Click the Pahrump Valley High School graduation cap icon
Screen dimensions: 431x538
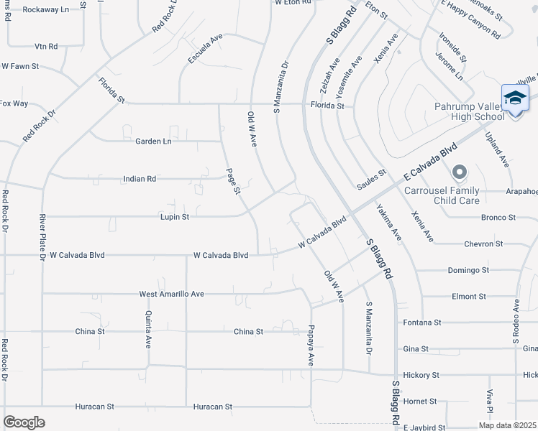(x=515, y=98)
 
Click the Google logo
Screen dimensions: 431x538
(x=24, y=422)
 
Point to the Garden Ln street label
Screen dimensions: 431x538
(x=153, y=142)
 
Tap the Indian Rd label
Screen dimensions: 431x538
(x=140, y=179)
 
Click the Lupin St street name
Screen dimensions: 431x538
(x=175, y=216)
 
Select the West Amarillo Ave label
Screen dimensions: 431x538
(x=172, y=294)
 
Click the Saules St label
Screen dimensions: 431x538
(x=372, y=180)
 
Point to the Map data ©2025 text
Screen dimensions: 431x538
(x=507, y=425)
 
